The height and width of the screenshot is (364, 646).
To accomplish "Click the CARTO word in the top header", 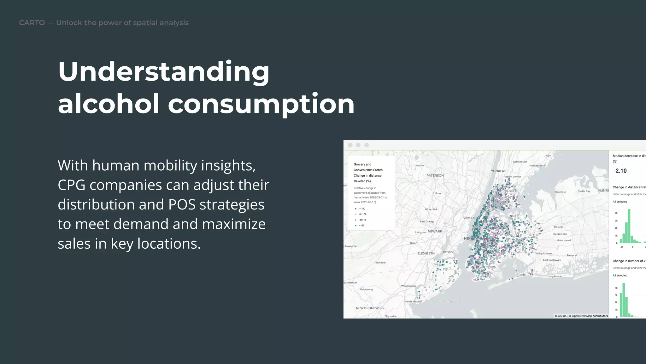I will (32, 23).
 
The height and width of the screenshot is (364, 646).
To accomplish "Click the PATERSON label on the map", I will (435, 176).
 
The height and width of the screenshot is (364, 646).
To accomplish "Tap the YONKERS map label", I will (498, 171).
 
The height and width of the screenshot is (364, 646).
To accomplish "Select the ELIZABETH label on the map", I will (426, 253).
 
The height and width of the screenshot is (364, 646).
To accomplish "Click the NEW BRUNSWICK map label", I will (370, 308).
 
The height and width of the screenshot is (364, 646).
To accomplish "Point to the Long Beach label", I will (554, 276).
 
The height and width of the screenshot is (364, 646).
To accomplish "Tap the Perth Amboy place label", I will (413, 302).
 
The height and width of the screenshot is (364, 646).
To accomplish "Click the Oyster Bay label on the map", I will (584, 191).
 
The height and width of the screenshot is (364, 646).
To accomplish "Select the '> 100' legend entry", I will (362, 209).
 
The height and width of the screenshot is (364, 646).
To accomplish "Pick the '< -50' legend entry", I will (361, 226).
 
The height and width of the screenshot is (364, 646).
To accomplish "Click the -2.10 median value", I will (620, 171).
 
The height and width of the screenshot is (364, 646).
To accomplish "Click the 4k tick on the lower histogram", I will (616, 288).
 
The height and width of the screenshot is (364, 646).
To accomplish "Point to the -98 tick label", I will (621, 247).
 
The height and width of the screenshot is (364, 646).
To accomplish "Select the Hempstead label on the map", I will (563, 240).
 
